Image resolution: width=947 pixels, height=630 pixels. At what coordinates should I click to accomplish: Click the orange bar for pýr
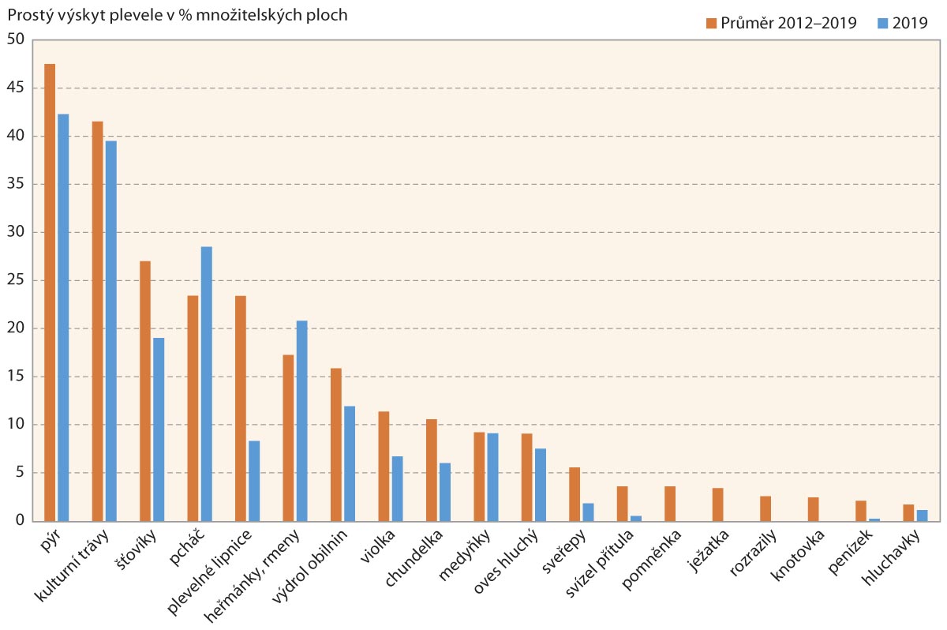point(50,292)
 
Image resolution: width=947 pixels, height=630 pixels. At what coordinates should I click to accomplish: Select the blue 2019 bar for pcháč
point(206,384)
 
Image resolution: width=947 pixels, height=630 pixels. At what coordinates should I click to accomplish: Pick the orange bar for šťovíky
point(145,391)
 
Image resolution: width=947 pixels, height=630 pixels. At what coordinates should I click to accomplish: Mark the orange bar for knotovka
point(813,509)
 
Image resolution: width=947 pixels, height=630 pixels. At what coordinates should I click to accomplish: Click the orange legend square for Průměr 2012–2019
point(711,24)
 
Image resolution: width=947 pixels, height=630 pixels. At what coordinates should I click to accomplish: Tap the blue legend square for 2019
point(883,24)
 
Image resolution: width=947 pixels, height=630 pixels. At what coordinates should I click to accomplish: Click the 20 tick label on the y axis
point(17,328)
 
